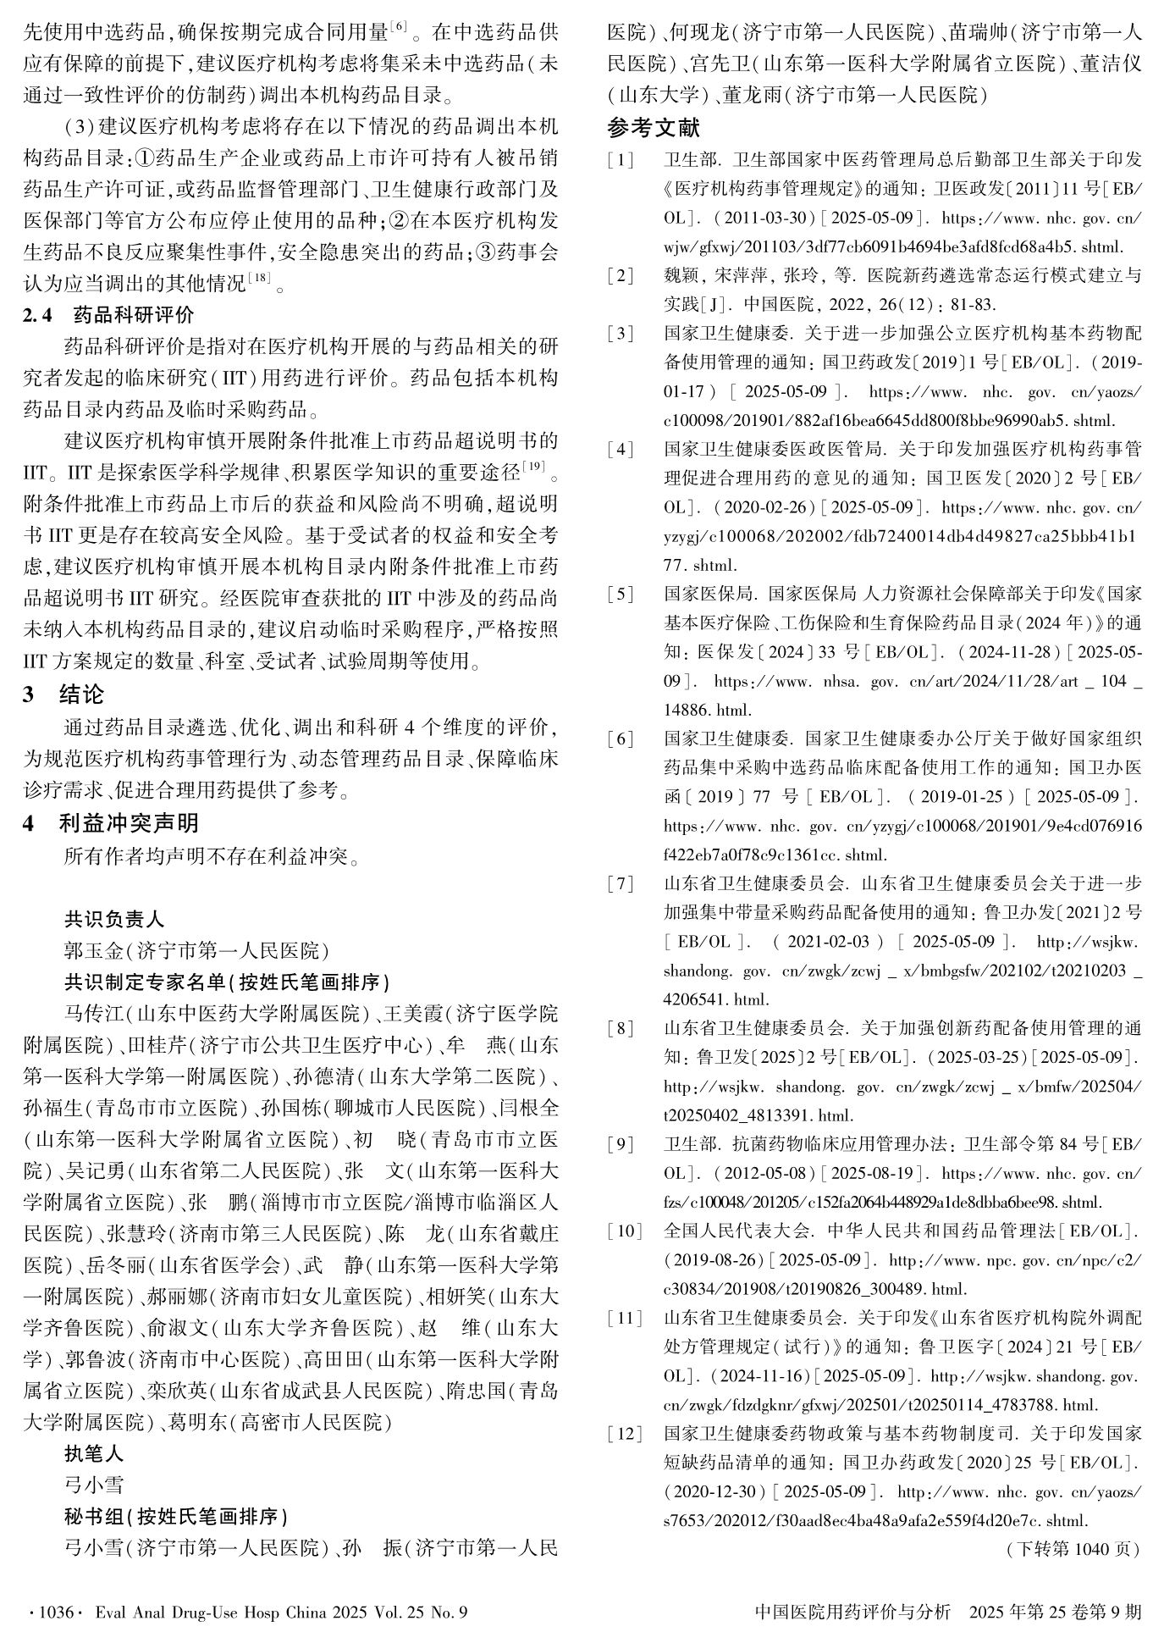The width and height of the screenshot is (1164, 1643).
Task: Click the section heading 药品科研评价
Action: point(134,315)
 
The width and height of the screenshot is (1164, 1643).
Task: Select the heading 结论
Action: point(81,694)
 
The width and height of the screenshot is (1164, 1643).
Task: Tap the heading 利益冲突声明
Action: point(129,822)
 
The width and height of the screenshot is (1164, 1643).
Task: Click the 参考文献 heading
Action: point(654,128)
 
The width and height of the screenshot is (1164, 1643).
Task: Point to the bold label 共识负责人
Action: point(114,919)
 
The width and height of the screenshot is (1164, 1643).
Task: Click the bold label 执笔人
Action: point(94,1454)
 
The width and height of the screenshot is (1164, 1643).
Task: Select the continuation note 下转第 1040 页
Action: point(1073,1549)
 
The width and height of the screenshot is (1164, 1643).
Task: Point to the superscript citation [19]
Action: point(535,466)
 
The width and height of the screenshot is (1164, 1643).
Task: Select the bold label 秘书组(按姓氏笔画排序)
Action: point(176,1516)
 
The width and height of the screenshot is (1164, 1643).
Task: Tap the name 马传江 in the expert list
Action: point(94,1013)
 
